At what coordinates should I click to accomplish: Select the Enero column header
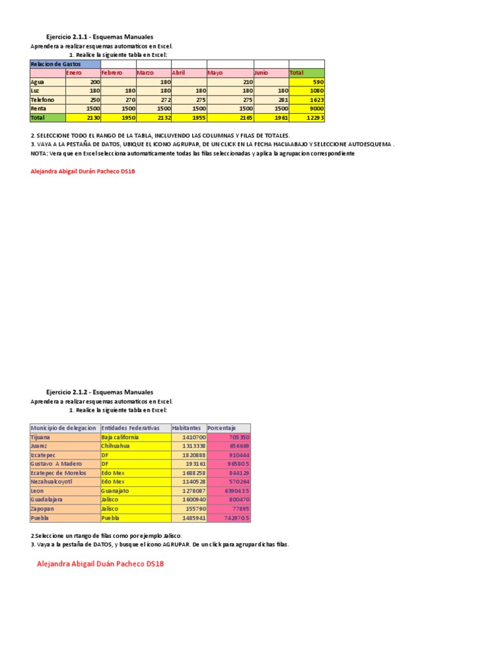point(74,73)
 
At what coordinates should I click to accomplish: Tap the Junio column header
point(261,73)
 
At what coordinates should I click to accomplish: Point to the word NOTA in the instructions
point(39,153)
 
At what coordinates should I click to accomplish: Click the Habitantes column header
point(186,427)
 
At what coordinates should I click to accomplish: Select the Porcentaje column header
point(222,427)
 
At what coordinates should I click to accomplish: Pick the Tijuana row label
point(41,436)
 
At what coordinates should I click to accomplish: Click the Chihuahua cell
point(116,446)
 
